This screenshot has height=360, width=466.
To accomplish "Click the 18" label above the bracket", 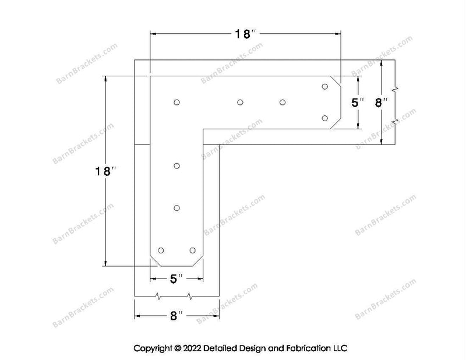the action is point(245,34).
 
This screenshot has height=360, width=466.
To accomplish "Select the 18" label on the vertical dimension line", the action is point(105,171).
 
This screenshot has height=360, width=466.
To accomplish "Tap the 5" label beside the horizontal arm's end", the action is point(358,103).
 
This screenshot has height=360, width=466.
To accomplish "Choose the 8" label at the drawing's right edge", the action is point(381,103).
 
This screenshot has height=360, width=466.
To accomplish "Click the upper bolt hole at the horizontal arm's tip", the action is point(325,87).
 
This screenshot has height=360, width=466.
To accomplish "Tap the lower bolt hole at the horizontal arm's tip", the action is point(325,118).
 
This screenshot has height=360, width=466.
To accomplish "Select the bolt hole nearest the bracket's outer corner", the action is point(177,103).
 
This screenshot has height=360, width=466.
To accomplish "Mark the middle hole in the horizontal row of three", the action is point(240,103).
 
